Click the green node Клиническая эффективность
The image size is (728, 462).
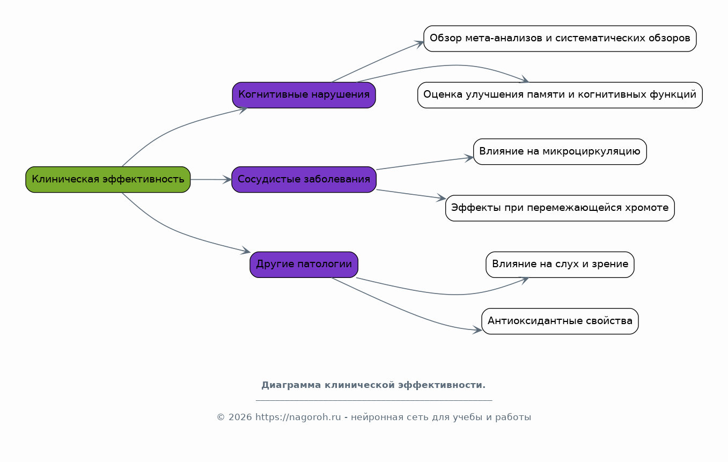point(108,179)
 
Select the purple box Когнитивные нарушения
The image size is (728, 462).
point(304,95)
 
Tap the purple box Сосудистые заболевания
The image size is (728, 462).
point(304,179)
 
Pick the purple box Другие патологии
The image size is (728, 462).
point(304,265)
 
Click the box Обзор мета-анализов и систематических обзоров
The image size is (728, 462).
point(560,38)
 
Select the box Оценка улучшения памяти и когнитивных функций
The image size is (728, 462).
point(560,95)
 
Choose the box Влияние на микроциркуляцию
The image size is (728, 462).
point(560,151)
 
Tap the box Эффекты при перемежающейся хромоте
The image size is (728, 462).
point(560,208)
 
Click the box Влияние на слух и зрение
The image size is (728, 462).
point(560,265)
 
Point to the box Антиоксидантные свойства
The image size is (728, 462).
point(560,321)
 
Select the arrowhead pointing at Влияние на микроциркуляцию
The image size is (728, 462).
point(469,158)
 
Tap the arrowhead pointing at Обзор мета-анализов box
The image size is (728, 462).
point(419,44)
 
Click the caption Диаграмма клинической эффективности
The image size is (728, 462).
point(373,385)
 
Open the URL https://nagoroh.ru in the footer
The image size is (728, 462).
point(298,417)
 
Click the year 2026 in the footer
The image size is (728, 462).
point(240,417)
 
